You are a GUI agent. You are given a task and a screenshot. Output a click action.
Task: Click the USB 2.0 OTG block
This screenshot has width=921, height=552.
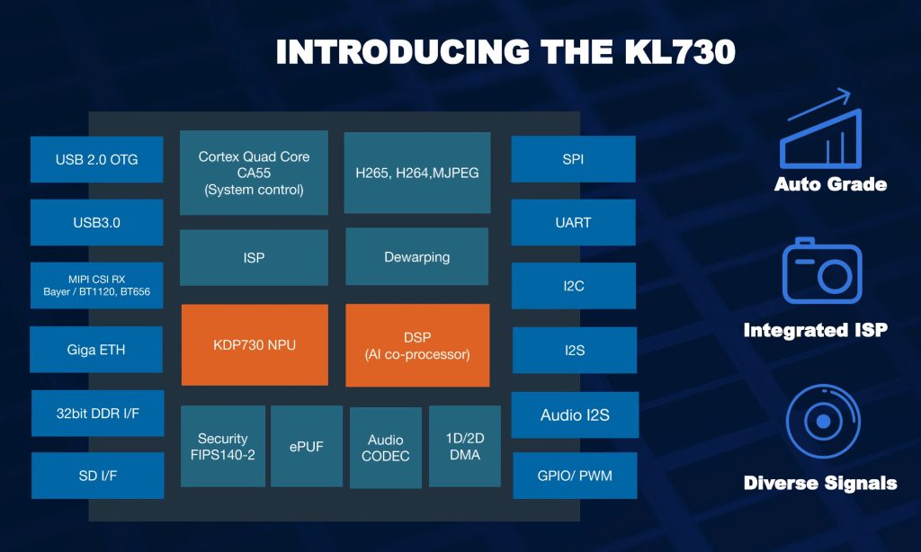(x=96, y=160)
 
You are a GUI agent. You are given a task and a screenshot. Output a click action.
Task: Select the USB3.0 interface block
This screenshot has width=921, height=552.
(x=96, y=222)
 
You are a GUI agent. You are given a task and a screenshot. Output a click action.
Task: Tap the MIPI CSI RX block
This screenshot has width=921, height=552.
(x=96, y=285)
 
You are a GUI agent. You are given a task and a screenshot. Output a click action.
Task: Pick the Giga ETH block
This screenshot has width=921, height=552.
(x=96, y=350)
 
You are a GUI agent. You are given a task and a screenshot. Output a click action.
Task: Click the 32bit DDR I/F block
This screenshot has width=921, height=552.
(x=98, y=413)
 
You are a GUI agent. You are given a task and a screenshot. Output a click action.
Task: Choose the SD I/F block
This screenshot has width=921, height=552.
(x=98, y=475)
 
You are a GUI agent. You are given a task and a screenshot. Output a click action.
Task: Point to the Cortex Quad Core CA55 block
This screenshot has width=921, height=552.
(x=254, y=173)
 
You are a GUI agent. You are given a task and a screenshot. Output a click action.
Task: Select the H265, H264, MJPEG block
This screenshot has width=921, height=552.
(x=416, y=173)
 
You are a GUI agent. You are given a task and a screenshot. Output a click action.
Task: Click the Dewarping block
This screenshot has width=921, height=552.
(x=416, y=257)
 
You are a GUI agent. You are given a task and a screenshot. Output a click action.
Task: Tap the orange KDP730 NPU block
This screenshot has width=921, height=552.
(x=255, y=344)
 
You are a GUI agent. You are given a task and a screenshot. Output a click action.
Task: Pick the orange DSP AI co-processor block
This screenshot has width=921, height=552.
(x=417, y=344)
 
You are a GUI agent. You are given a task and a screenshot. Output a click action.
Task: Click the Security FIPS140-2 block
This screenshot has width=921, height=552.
(x=222, y=446)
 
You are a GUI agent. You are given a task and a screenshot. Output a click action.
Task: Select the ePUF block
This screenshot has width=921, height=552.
(x=306, y=446)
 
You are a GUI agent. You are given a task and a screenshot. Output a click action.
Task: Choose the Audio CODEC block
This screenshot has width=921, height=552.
(x=386, y=448)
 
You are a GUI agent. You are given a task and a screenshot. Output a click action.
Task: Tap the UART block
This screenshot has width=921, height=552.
(x=573, y=222)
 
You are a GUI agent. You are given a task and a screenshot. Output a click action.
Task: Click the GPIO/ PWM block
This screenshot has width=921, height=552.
(x=575, y=475)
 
